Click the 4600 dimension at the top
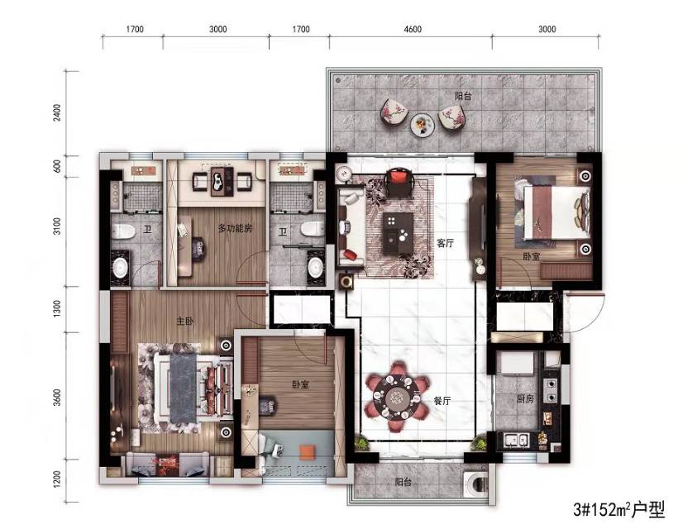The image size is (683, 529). [413, 29]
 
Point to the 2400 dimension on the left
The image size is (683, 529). [57, 112]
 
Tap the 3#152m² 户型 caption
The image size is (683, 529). [619, 509]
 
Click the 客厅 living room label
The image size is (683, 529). [445, 243]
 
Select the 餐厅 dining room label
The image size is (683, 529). [442, 401]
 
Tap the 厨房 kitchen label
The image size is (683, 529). [525, 398]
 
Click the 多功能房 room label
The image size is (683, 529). [235, 227]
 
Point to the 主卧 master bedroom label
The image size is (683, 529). [184, 322]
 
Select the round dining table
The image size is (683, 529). [396, 397]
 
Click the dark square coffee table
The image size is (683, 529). [398, 232]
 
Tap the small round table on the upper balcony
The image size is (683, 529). [423, 125]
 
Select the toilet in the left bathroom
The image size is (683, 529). [122, 231]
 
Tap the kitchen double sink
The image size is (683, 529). [516, 441]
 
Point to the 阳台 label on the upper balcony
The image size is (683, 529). [463, 96]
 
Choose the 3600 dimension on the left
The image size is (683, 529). [57, 398]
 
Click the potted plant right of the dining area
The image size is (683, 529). [479, 444]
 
